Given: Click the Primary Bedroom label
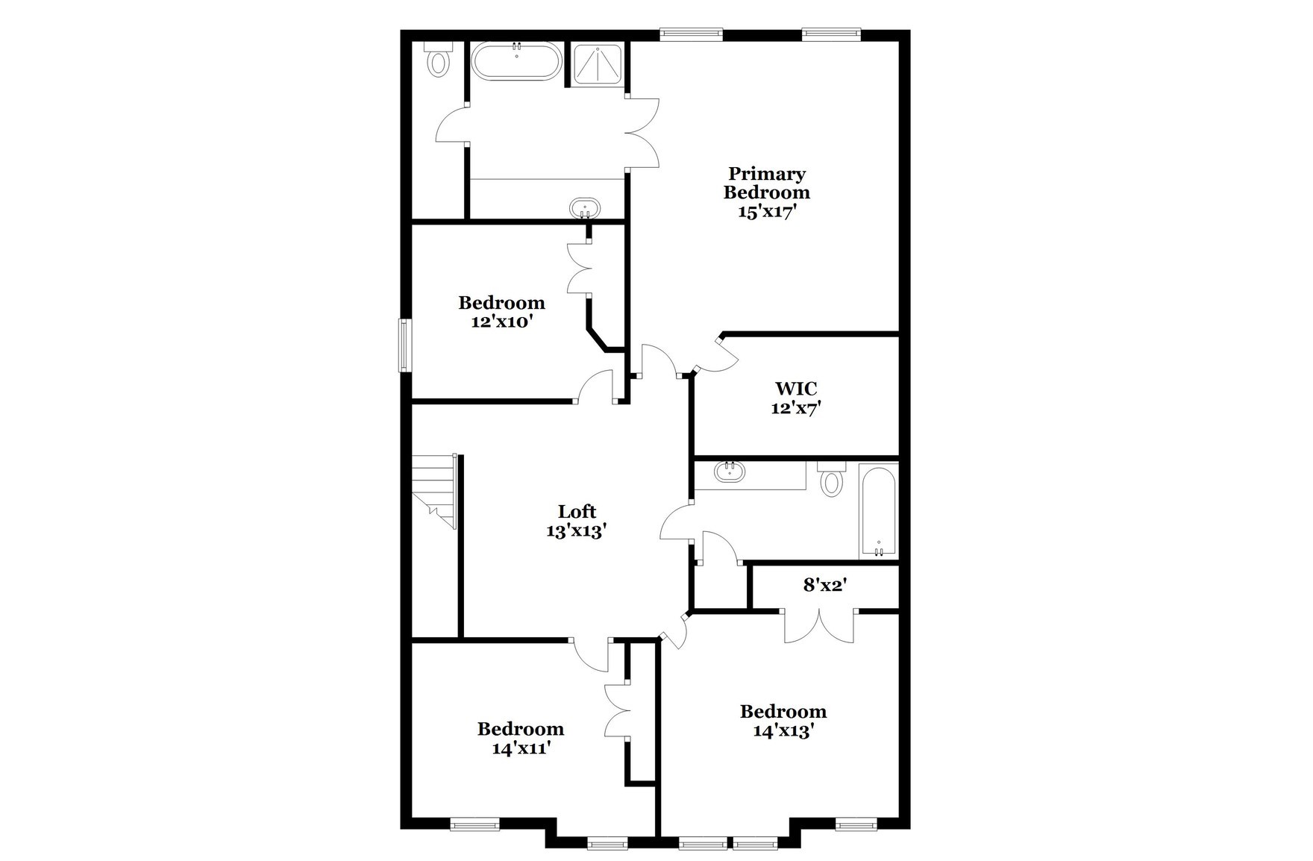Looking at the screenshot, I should [766, 183].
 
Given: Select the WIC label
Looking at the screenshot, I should [795, 389].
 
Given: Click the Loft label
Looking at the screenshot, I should [577, 512].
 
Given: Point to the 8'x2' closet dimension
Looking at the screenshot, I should [823, 586].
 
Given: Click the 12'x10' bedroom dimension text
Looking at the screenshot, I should [501, 322].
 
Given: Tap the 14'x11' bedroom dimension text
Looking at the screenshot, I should [521, 748].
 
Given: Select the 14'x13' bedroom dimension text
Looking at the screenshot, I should [782, 731].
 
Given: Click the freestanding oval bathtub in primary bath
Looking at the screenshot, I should [516, 62].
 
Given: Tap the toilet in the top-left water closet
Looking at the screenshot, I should [438, 60].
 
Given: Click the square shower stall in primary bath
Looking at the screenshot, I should [598, 63].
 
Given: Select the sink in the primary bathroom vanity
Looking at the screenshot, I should [584, 207].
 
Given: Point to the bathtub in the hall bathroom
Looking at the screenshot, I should [878, 511].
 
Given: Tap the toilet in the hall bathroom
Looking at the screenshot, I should [830, 480].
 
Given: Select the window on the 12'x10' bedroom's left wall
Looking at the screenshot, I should [405, 345].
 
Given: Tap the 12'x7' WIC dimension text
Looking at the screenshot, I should [795, 408].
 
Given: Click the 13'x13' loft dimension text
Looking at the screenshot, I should [576, 531].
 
